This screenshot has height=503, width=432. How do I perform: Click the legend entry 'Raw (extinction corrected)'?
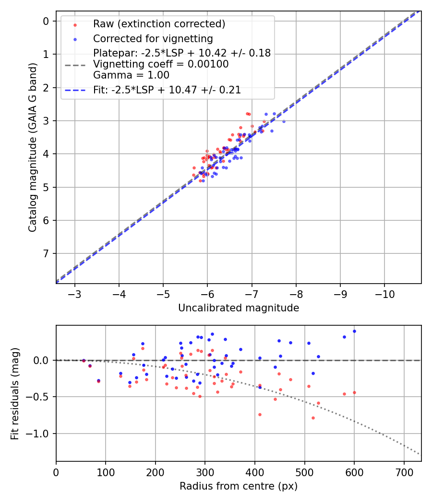[159, 24]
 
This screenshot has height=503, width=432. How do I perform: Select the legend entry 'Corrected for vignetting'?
[153, 38]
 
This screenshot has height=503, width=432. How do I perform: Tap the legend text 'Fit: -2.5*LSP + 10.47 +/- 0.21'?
[167, 90]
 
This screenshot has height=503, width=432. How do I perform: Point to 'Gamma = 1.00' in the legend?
[131, 75]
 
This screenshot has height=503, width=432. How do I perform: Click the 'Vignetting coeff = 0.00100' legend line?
[161, 64]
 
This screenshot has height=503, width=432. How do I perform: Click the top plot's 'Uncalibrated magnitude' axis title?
[239, 308]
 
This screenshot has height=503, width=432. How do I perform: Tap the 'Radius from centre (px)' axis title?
[239, 486]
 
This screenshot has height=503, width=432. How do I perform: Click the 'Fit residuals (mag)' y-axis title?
[15, 394]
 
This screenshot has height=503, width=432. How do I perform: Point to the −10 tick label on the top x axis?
[384, 294]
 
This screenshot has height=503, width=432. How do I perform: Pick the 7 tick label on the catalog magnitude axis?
[46, 253]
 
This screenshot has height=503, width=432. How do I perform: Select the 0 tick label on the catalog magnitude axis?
[46, 21]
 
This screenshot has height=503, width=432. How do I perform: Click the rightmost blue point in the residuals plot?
[354, 331]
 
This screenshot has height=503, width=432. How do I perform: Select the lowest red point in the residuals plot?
[313, 418]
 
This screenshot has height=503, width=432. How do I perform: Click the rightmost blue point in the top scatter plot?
[283, 121]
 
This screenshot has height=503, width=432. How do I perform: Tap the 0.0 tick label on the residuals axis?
[42, 360]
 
